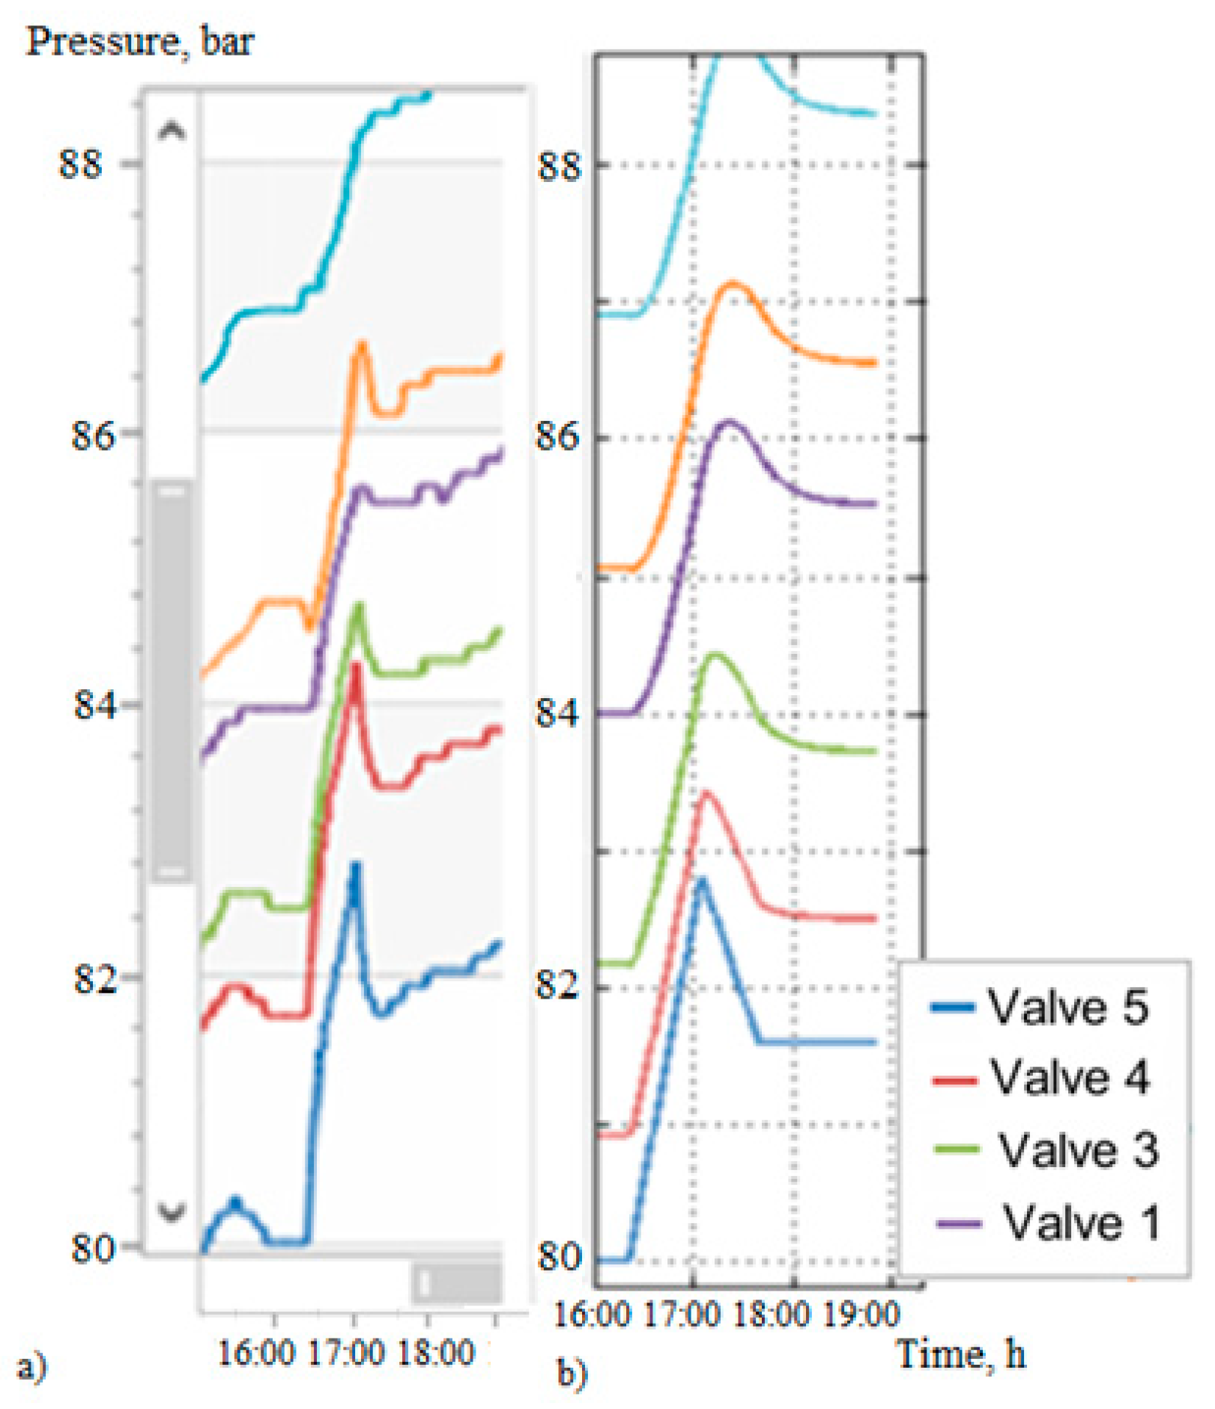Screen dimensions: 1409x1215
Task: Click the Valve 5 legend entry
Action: click(1040, 1007)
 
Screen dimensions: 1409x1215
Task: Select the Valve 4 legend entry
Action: click(1042, 1078)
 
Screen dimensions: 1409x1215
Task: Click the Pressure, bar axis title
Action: click(140, 41)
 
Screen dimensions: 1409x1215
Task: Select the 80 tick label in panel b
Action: click(558, 1256)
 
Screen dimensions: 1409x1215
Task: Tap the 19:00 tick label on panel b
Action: click(861, 1314)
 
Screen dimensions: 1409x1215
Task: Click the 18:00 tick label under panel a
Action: click(434, 1353)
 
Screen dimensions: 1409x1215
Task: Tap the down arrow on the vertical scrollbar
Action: click(172, 1211)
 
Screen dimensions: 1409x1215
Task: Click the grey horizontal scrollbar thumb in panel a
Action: click(457, 1283)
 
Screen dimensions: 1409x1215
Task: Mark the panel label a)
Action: click(31, 1366)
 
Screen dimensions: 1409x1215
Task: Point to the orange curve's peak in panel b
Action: click(733, 284)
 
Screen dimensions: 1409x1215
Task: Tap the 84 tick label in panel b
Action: click(558, 712)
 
